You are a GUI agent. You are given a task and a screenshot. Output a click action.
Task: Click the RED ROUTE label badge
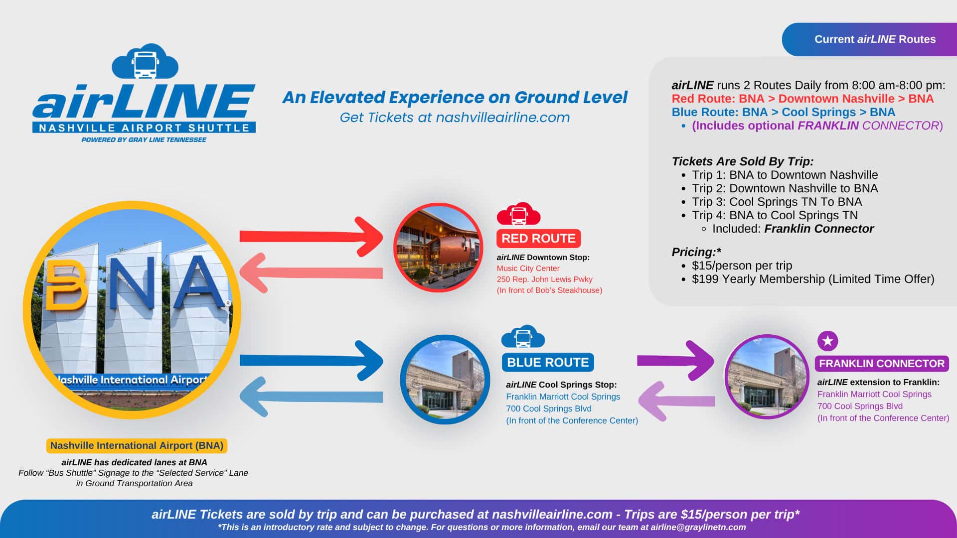(x=538, y=239)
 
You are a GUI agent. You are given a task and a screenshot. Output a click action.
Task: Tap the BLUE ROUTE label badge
(x=548, y=362)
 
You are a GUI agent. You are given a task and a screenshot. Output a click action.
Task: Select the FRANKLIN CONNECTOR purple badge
(x=882, y=364)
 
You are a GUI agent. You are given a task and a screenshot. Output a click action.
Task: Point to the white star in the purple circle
(x=828, y=341)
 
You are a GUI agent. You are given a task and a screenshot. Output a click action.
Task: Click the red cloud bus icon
(x=518, y=214)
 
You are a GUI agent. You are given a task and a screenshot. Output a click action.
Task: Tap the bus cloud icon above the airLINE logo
(x=145, y=62)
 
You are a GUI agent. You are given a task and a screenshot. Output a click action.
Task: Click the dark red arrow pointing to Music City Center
(x=312, y=236)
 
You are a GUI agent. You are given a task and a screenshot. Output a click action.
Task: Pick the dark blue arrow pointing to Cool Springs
(x=312, y=360)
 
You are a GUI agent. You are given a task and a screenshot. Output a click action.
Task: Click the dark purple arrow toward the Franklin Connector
(x=675, y=360)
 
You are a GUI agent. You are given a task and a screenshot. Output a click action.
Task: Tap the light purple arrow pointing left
(x=677, y=401)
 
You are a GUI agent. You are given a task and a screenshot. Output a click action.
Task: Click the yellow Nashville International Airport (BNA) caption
(x=137, y=445)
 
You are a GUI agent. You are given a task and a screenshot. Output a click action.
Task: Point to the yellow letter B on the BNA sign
(x=65, y=284)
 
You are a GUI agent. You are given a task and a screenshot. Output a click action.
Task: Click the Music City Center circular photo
(x=438, y=248)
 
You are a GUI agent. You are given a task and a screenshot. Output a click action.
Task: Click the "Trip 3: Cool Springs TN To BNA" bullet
(x=777, y=202)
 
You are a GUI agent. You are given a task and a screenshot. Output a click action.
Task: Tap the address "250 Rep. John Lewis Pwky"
(x=544, y=279)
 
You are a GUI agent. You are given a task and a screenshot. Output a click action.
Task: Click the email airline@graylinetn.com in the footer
(x=698, y=527)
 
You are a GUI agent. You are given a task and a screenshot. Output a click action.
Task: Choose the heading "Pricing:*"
(x=696, y=252)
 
